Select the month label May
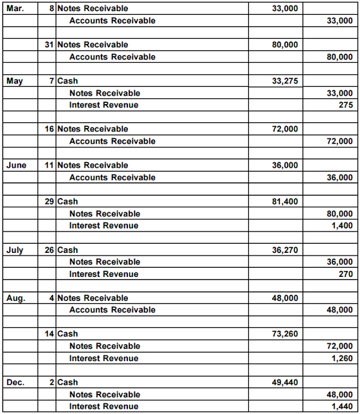[x=14, y=81]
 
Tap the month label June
[x=16, y=165]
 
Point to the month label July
[x=14, y=250]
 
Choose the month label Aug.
[x=15, y=298]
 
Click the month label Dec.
[x=15, y=382]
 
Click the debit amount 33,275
[x=285, y=81]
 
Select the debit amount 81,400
[x=285, y=201]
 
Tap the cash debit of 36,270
[x=285, y=250]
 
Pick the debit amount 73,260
[x=285, y=334]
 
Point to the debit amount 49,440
[x=285, y=382]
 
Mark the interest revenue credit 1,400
[x=343, y=225]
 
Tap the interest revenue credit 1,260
[x=343, y=358]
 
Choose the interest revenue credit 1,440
[x=343, y=406]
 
